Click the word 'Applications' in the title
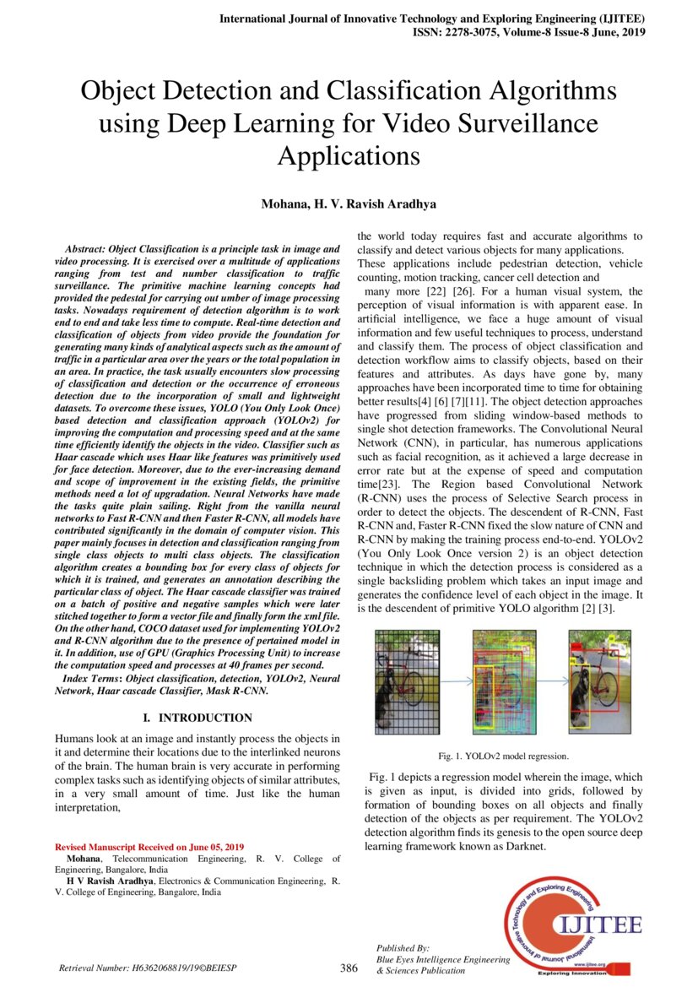[349, 156]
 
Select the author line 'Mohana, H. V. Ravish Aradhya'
[349, 205]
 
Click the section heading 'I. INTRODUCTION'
[197, 718]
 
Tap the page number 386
[349, 968]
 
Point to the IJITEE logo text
[596, 925]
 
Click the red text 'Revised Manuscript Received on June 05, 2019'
[149, 846]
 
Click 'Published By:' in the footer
[403, 948]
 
